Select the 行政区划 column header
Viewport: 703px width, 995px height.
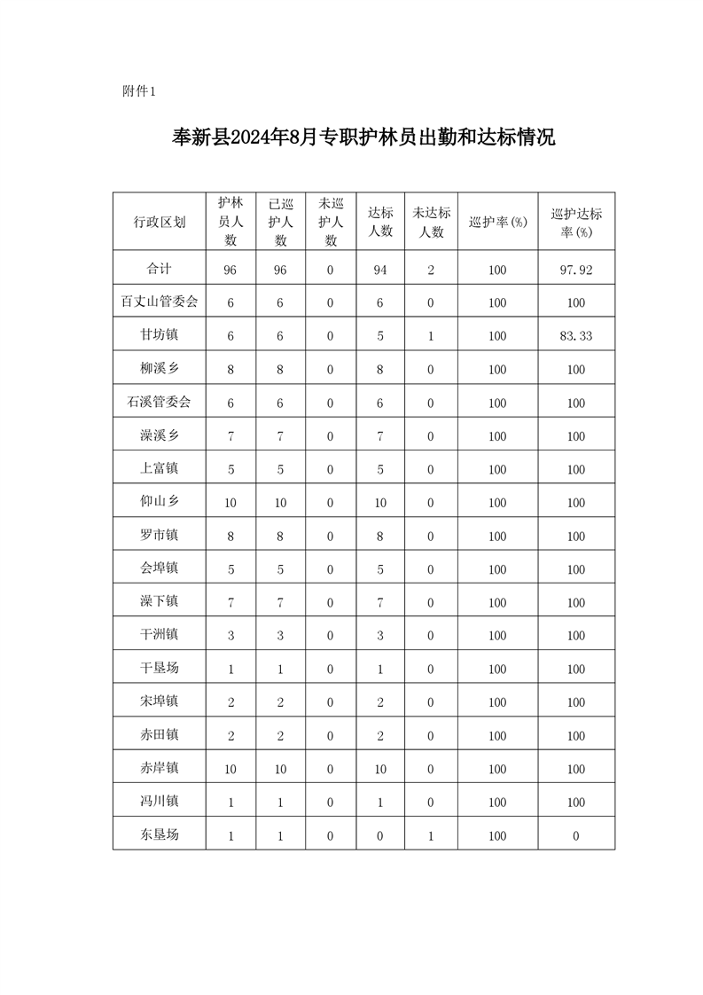160,222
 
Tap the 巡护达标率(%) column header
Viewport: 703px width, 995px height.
576,222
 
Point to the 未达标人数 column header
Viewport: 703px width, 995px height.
431,222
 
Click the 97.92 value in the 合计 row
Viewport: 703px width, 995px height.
576,270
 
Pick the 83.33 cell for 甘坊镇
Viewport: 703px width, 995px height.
576,336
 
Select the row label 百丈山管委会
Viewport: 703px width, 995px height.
160,302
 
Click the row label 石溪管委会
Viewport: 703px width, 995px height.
160,403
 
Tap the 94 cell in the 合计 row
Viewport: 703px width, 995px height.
380,270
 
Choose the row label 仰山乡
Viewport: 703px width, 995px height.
160,502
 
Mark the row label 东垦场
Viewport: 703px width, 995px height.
160,834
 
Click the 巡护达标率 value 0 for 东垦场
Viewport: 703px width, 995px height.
576,835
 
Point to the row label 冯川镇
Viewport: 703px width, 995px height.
160,801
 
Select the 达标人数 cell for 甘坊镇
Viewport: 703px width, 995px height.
380,336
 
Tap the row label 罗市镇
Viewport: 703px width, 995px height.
160,536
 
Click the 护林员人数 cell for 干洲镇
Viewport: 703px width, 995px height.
230,635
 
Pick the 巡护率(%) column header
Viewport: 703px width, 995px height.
497,222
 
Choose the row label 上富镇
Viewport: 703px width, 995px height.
160,468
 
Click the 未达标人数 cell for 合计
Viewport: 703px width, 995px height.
431,270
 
